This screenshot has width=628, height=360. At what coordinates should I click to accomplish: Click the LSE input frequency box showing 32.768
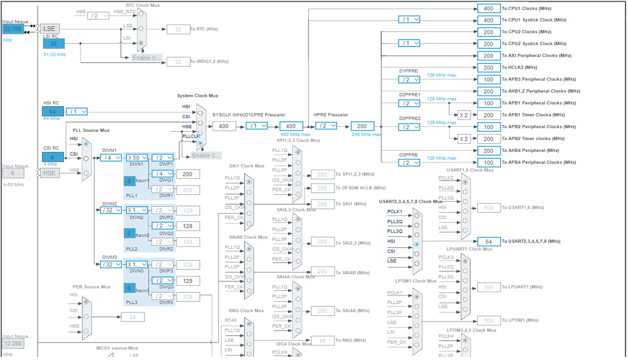pos(12,29)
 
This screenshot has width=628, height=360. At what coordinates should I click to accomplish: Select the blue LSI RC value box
pos(53,44)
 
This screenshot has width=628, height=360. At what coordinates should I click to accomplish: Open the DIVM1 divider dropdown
pos(111,158)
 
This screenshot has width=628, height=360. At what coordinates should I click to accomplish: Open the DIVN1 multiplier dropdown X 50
pos(136,158)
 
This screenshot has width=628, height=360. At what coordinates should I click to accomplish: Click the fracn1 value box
pos(129,182)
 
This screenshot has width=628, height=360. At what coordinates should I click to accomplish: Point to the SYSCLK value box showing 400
pos(224,126)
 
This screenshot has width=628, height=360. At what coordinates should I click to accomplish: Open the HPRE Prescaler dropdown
pos(327,126)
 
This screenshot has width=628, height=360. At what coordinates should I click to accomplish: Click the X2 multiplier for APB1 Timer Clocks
pos(463,115)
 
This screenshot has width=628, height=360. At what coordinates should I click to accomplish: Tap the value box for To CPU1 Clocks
pos(488,8)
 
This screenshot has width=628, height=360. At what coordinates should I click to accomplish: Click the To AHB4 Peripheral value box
pos(488,151)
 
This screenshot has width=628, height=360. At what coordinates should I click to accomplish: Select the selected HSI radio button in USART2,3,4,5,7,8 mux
pos(416,244)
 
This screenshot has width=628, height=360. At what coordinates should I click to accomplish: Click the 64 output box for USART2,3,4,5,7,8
pos(488,242)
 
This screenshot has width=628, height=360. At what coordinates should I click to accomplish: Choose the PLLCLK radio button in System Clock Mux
pos(200,143)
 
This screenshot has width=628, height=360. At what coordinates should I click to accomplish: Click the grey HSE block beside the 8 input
pos(50,173)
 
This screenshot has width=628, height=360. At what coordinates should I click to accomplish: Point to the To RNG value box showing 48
pos(322,341)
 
